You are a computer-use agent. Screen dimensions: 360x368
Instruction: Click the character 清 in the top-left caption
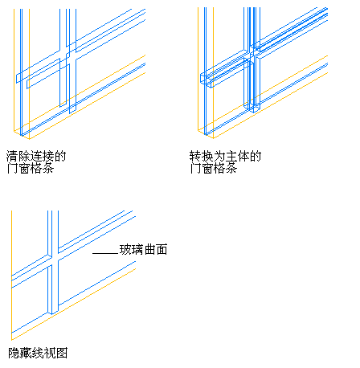pos(12,156)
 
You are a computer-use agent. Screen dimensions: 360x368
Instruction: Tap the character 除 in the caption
pos(24,156)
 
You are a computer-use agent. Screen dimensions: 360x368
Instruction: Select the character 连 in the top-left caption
pos(36,156)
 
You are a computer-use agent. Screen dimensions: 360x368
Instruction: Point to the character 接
pos(48,156)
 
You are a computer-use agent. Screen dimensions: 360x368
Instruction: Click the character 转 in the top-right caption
pos(195,156)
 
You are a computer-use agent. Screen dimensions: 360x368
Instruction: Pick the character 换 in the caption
pos(207,156)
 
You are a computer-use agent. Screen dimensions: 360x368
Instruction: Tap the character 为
pos(219,156)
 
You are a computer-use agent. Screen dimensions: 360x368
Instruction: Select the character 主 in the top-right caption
pos(231,156)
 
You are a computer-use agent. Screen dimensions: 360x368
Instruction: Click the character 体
pos(243,156)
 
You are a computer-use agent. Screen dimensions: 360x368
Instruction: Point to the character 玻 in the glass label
pos(125,249)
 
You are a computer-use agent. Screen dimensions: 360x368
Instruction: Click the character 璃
pos(137,249)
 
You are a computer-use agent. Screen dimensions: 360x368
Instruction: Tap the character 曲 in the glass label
pos(149,249)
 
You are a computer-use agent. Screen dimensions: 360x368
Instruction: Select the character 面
pos(162,249)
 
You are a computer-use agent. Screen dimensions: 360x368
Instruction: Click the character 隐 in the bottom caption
pos(14,353)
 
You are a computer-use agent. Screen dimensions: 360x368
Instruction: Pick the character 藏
pos(26,353)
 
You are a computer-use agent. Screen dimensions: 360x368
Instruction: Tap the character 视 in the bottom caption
pos(50,353)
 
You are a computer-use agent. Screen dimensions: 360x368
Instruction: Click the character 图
pos(62,353)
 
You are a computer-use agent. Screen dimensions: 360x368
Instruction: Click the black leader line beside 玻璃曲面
pos(105,253)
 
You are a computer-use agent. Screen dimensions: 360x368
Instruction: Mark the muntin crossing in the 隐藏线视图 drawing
pos(53,260)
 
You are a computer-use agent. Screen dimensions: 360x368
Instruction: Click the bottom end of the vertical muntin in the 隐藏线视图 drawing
pos(53,313)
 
